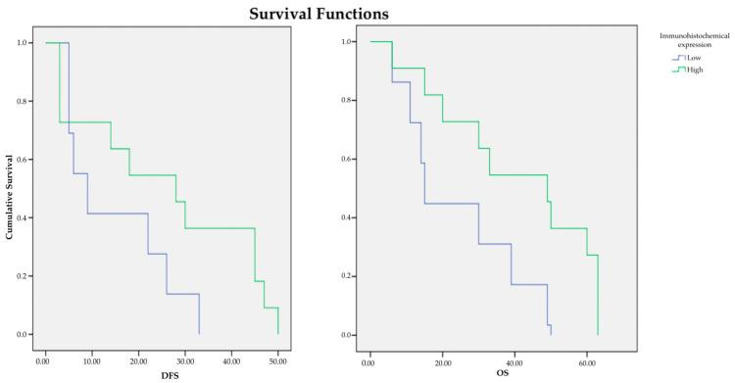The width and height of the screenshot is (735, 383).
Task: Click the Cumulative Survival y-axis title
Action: click(10, 190)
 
